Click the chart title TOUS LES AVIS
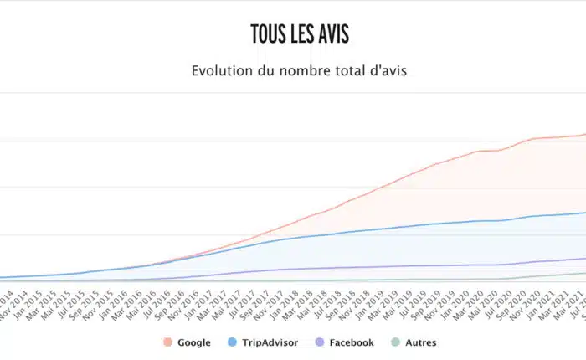click(x=299, y=33)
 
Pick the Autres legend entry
click(x=420, y=342)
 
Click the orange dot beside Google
click(x=167, y=342)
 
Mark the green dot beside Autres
click(x=395, y=342)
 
